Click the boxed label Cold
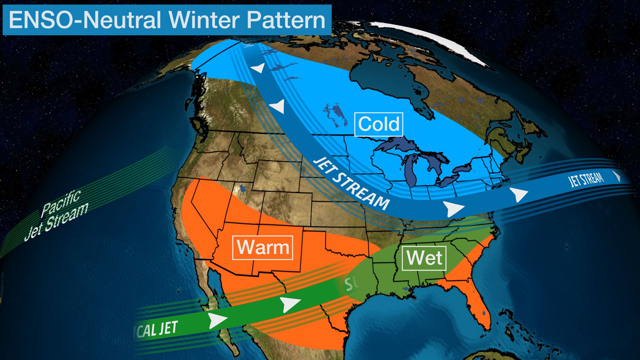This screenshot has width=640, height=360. click(379, 124)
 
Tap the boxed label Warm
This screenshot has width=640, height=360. click(263, 248)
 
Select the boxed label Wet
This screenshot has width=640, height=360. click(424, 258)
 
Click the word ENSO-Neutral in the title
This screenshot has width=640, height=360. click(85, 20)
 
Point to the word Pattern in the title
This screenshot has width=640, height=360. click(286, 20)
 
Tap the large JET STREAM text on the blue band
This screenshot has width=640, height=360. click(352, 183)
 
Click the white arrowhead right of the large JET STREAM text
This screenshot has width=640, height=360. click(453, 209)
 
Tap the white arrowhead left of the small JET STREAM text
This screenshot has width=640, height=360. click(519, 194)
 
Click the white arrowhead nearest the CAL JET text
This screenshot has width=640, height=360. click(217, 320)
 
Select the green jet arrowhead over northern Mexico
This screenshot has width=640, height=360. click(290, 304)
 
